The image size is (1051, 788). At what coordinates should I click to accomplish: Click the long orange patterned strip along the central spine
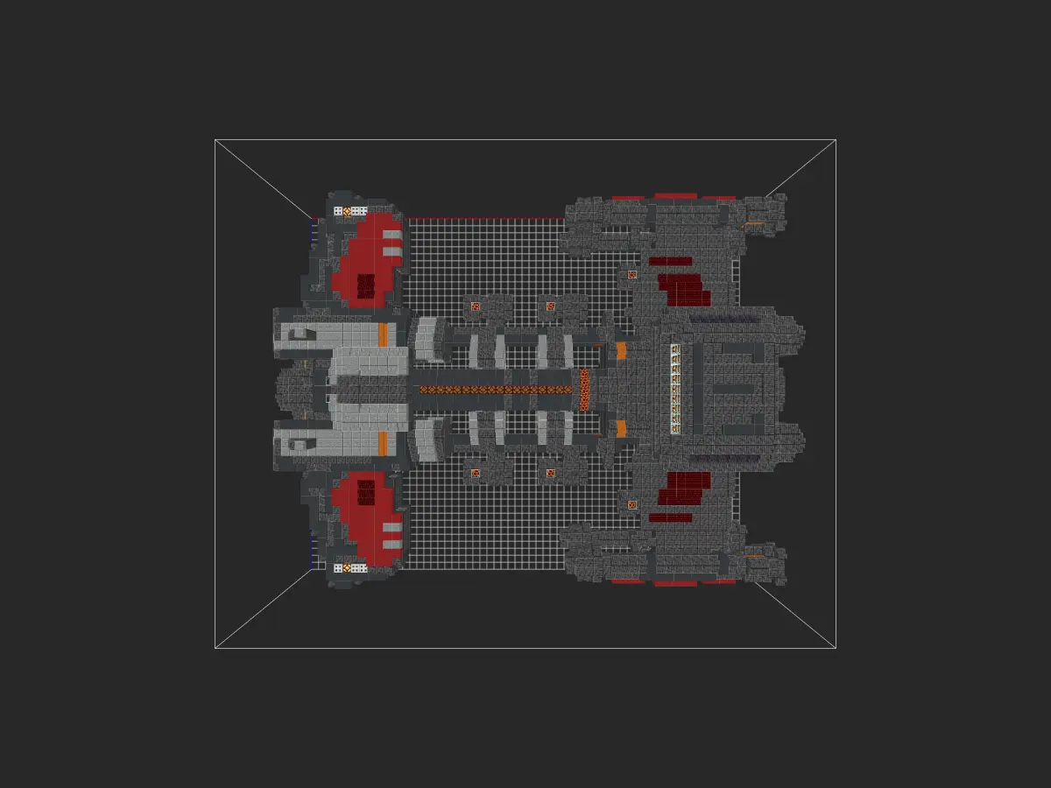pos(495,389)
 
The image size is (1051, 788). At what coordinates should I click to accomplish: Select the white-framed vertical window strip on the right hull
pos(675,389)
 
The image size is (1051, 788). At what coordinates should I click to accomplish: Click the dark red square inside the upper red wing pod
pos(365,285)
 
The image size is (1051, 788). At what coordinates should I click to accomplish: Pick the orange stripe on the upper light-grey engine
pos(383,334)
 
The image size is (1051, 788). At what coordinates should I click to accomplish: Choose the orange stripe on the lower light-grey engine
pos(383,443)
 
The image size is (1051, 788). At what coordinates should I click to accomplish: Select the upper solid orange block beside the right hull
pos(621,350)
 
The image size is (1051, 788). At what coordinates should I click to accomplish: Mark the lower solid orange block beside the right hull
pos(621,428)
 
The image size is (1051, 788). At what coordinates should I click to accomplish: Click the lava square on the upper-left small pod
pos(476,306)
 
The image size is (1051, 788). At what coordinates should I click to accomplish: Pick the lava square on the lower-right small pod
pos(551,474)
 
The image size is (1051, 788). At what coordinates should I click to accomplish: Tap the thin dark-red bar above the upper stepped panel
pos(670,260)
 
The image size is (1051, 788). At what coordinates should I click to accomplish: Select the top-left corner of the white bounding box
pos(215,140)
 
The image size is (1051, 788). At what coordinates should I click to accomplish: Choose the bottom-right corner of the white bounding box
pos(836,648)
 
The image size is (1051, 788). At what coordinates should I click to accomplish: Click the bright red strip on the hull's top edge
pos(674,197)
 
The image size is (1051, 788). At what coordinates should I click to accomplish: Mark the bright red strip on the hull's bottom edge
pos(674,582)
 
